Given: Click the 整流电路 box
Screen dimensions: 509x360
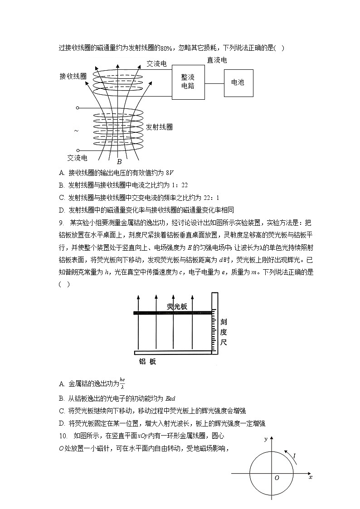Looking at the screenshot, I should pyautogui.click(x=188, y=82).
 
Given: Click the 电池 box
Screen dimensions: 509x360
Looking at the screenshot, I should pyautogui.click(x=238, y=82).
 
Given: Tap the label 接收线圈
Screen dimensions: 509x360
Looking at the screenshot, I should pyautogui.click(x=73, y=76).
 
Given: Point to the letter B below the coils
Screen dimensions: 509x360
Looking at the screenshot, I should pyautogui.click(x=119, y=161).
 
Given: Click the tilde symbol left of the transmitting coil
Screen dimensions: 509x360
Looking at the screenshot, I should pyautogui.click(x=76, y=131).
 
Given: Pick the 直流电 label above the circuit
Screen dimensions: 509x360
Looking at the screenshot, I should pyautogui.click(x=217, y=60).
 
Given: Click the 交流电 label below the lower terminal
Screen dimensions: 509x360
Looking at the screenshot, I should pyautogui.click(x=77, y=158).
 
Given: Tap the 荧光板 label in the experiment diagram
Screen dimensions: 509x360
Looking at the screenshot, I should pyautogui.click(x=177, y=307).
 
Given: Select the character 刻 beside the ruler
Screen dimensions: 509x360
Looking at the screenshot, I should pyautogui.click(x=224, y=322).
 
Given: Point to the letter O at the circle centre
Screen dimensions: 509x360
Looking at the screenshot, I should pyautogui.click(x=277, y=478).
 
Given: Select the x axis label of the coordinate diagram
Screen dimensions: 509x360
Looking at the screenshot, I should pyautogui.click(x=310, y=477).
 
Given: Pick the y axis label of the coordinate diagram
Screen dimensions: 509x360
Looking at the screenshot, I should pyautogui.click(x=266, y=439).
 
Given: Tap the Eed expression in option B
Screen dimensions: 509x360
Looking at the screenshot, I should pyautogui.click(x=169, y=398).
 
